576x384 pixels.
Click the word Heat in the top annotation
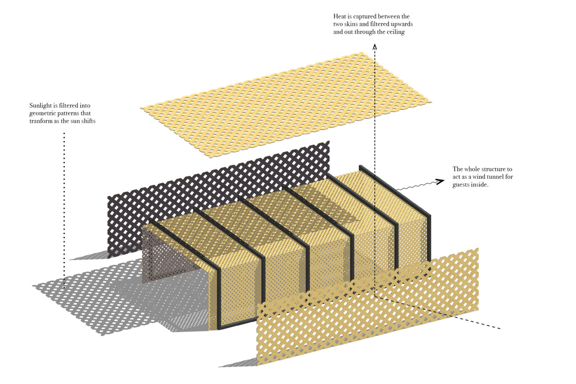click(339, 16)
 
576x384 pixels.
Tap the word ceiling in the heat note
click(396, 32)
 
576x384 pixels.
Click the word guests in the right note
click(461, 185)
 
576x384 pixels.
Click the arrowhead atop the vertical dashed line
click(375, 46)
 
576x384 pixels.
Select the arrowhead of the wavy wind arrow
click(440, 181)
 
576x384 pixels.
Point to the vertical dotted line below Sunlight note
click(64, 209)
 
